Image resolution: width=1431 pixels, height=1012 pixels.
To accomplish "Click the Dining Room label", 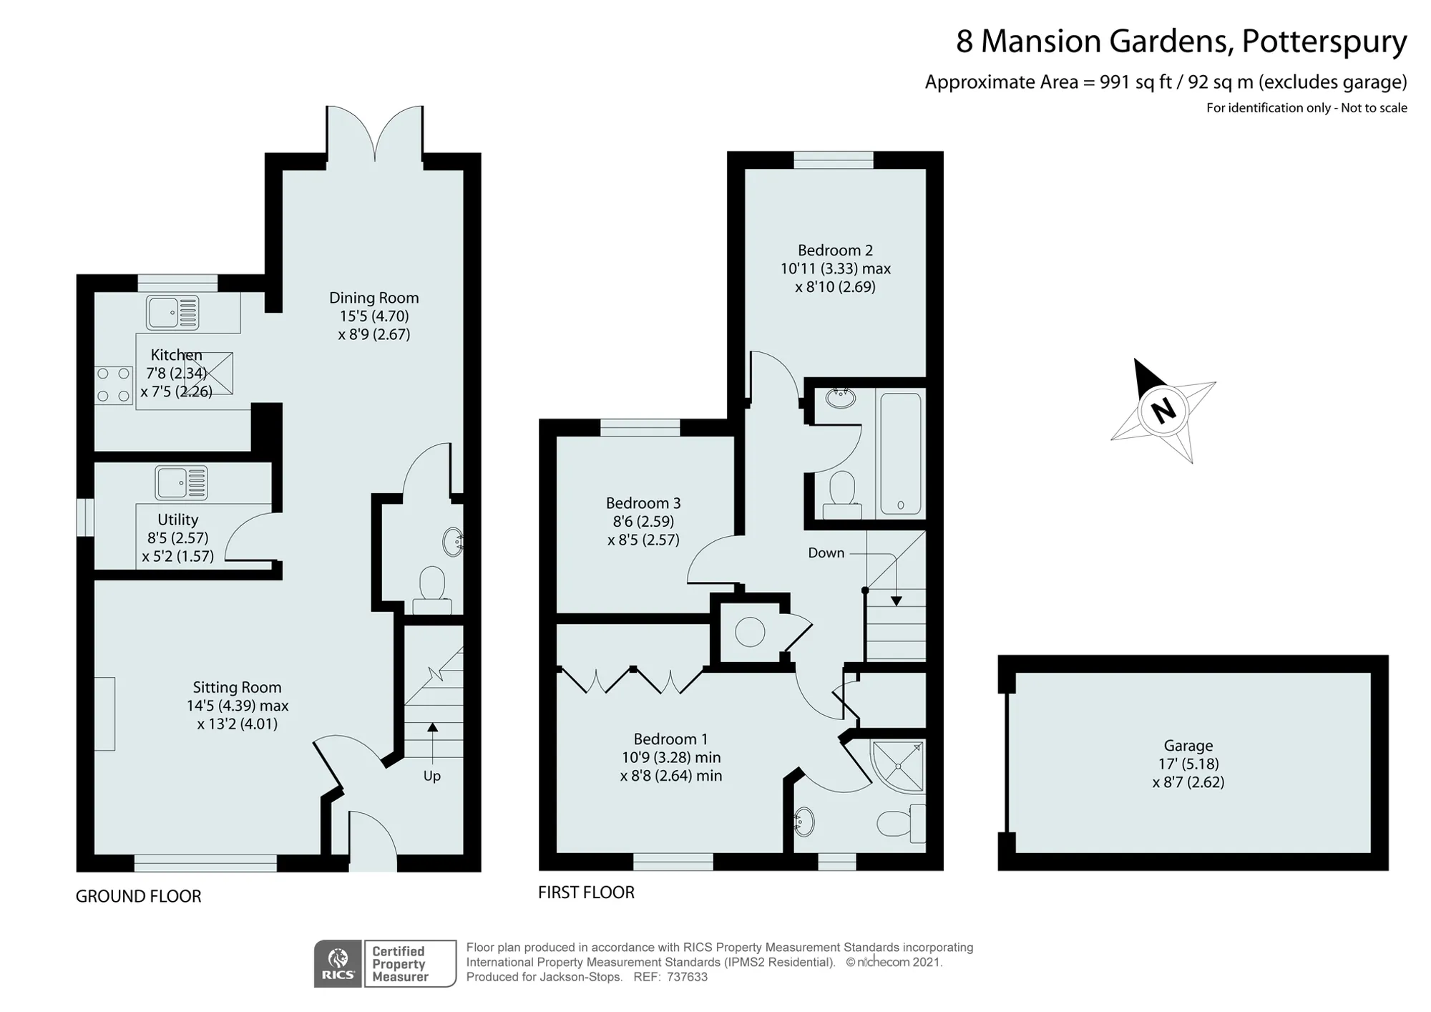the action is pos(373,298).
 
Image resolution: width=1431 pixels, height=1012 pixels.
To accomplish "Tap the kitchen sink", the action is pos(172,313).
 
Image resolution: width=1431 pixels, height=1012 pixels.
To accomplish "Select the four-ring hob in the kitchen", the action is pos(114,384).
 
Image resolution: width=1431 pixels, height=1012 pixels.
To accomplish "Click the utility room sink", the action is pos(182,482).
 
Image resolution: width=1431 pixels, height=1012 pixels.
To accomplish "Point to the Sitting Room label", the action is pos(237,688).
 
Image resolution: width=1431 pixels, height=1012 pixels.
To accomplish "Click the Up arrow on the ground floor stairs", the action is pos(432,745).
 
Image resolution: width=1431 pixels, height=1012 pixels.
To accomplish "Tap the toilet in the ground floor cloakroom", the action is pos(432,590).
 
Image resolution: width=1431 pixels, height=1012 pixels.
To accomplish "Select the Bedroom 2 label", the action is pos(835,250).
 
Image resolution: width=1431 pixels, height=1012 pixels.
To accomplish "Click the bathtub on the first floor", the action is pos(900,452).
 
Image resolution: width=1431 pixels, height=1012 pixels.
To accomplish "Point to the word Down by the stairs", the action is pos(826,553).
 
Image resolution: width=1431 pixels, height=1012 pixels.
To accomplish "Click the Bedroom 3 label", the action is pos(643,503).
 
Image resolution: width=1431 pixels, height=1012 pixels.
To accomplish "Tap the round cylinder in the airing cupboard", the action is pos(750,632).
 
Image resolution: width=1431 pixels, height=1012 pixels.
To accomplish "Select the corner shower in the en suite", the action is pos(898,766).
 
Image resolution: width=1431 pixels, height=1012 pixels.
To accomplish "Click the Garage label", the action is pos(1188,746).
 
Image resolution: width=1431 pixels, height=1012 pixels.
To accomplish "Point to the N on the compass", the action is pos(1163,410).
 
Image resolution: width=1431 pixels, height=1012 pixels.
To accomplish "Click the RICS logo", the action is pos(338,963).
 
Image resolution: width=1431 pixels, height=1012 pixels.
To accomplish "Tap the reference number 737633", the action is pos(687,977).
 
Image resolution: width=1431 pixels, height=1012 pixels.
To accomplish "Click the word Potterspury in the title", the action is pos(1324,42).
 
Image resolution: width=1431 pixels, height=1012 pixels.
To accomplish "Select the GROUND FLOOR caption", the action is pos(138,896).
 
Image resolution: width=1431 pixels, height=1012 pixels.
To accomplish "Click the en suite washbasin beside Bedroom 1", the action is pos(804,822).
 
